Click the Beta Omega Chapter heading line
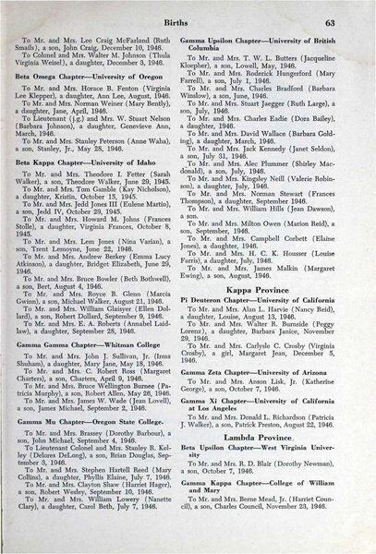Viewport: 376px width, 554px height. [99, 100]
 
